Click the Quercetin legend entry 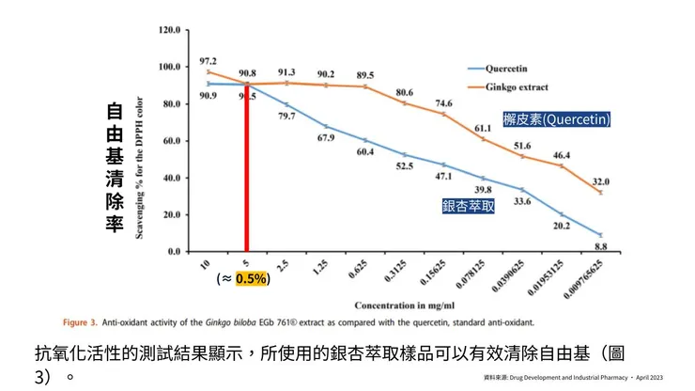[508, 69]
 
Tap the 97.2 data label [209, 60]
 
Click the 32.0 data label [600, 181]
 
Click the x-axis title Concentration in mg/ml [405, 306]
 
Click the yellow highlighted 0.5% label [251, 278]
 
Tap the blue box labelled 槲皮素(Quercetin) [556, 119]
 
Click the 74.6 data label [442, 103]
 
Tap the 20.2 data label [560, 225]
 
